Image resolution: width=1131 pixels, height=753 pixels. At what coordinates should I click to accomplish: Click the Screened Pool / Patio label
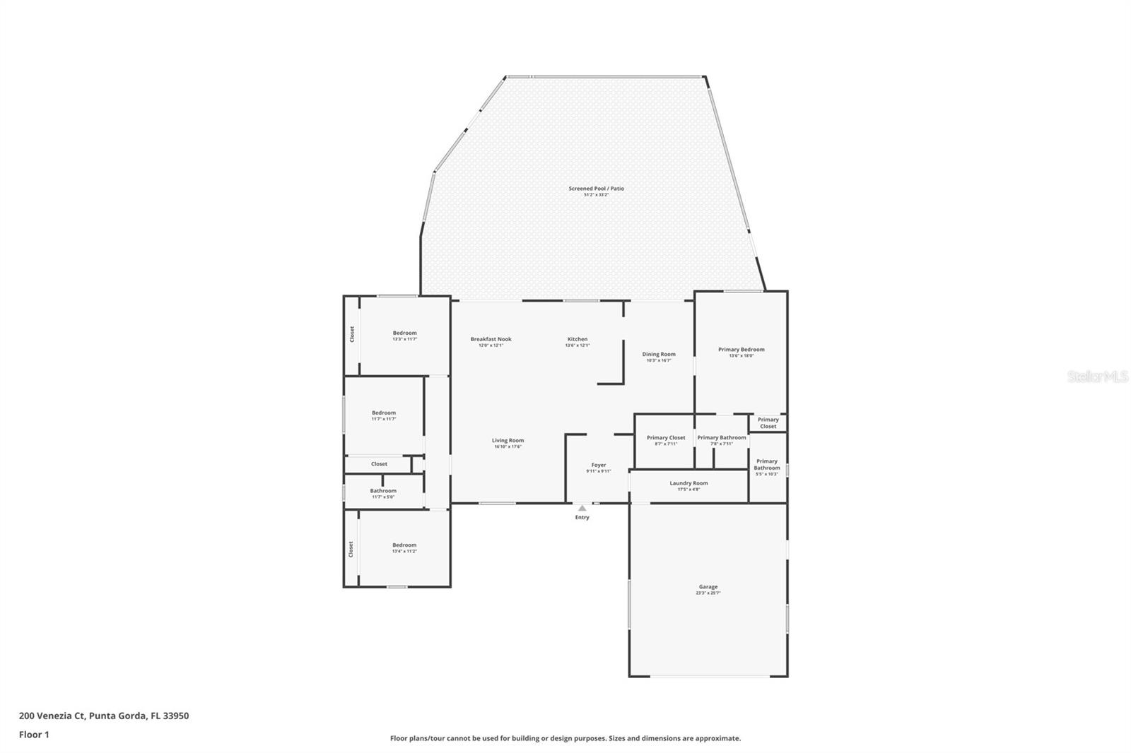(596, 189)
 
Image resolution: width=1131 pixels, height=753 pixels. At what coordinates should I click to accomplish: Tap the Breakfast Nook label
(491, 339)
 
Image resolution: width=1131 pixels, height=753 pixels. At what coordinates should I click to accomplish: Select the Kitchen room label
(577, 339)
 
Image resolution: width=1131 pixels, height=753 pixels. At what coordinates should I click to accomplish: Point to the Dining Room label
(658, 354)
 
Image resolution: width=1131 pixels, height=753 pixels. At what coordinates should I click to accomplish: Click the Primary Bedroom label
(741, 350)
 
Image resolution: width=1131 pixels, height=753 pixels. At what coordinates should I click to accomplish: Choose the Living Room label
(508, 441)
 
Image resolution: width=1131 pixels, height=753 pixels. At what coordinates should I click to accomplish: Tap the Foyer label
(598, 466)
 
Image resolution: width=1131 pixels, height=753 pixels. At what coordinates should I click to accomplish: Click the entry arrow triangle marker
(582, 508)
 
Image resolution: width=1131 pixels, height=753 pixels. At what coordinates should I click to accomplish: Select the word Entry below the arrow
(582, 518)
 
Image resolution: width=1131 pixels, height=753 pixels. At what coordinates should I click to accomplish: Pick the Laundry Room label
(688, 483)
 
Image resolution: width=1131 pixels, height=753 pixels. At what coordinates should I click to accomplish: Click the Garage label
(708, 587)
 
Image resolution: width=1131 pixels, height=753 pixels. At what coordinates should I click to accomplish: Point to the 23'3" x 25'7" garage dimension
(708, 593)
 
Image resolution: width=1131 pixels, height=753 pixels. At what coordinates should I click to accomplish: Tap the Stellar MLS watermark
(1097, 377)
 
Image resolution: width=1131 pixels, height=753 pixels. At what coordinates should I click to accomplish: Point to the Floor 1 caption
(34, 735)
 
